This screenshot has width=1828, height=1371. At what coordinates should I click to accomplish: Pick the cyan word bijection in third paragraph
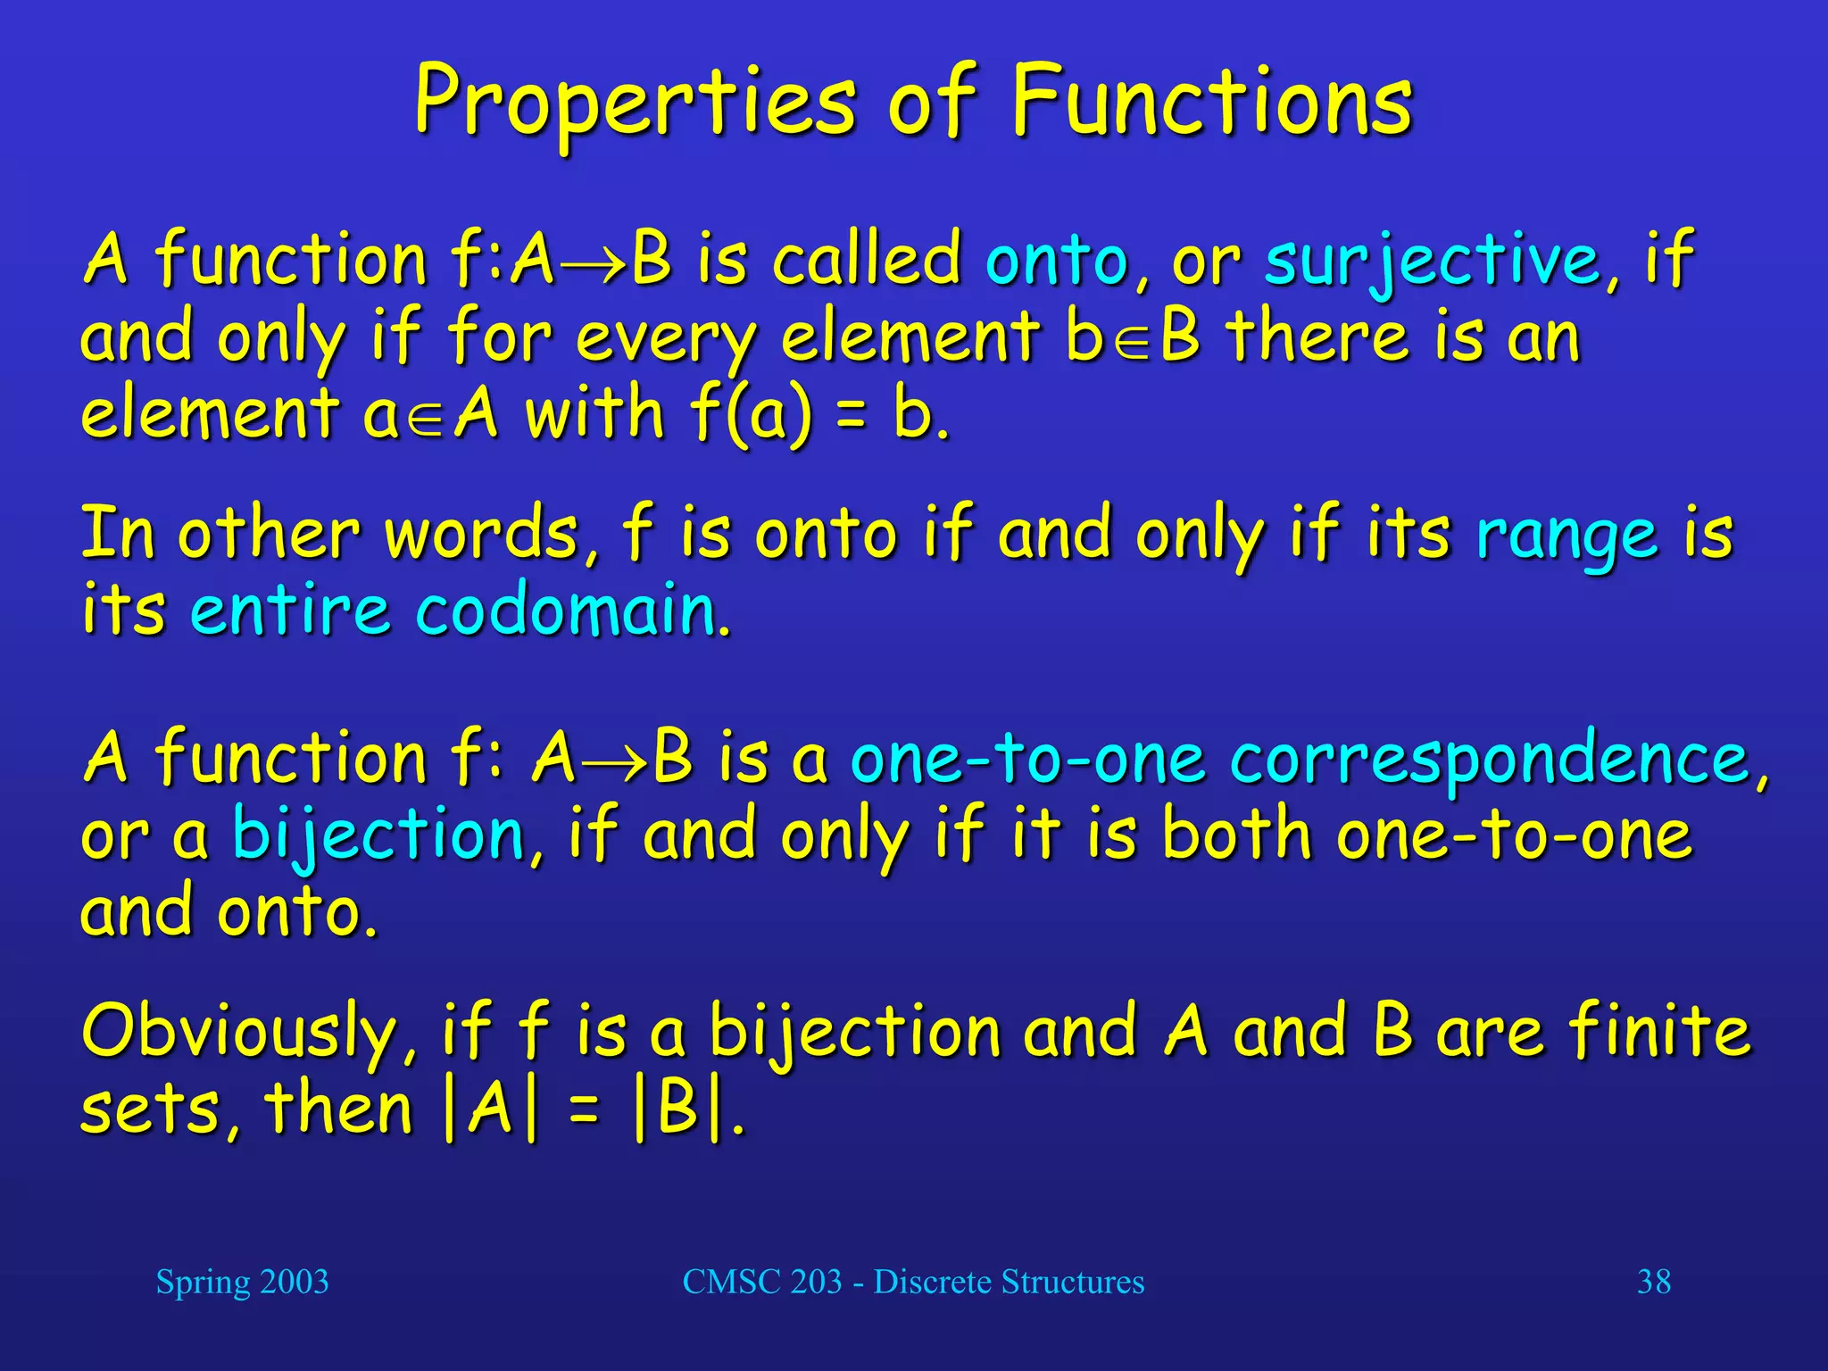(379, 836)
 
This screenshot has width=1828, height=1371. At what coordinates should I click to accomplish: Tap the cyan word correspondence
(1491, 759)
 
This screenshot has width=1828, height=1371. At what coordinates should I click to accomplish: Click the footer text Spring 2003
(242, 1282)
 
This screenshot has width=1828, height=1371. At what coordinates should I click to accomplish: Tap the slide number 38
(1653, 1282)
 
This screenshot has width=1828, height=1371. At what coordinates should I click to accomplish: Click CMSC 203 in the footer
(762, 1282)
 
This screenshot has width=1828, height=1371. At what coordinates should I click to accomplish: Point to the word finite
(1660, 1031)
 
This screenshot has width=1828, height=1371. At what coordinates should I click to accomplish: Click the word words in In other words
(482, 536)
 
